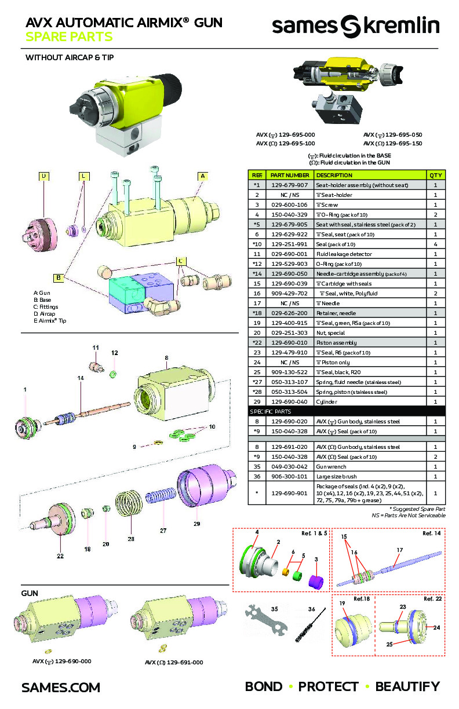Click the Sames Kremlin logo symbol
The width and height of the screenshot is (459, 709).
click(x=349, y=27)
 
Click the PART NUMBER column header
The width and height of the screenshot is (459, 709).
click(x=289, y=175)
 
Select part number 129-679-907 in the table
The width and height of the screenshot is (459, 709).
click(x=289, y=185)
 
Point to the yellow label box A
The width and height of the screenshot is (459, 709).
click(x=203, y=176)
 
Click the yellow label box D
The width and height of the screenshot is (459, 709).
click(x=43, y=176)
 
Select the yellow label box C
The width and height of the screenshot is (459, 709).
click(x=181, y=261)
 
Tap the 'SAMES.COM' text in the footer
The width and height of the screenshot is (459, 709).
click(x=61, y=688)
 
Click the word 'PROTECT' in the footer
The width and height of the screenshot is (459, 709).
click(x=328, y=687)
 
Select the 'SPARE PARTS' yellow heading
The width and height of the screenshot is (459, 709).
click(x=69, y=38)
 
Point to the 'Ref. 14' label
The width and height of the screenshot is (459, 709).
click(x=432, y=533)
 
